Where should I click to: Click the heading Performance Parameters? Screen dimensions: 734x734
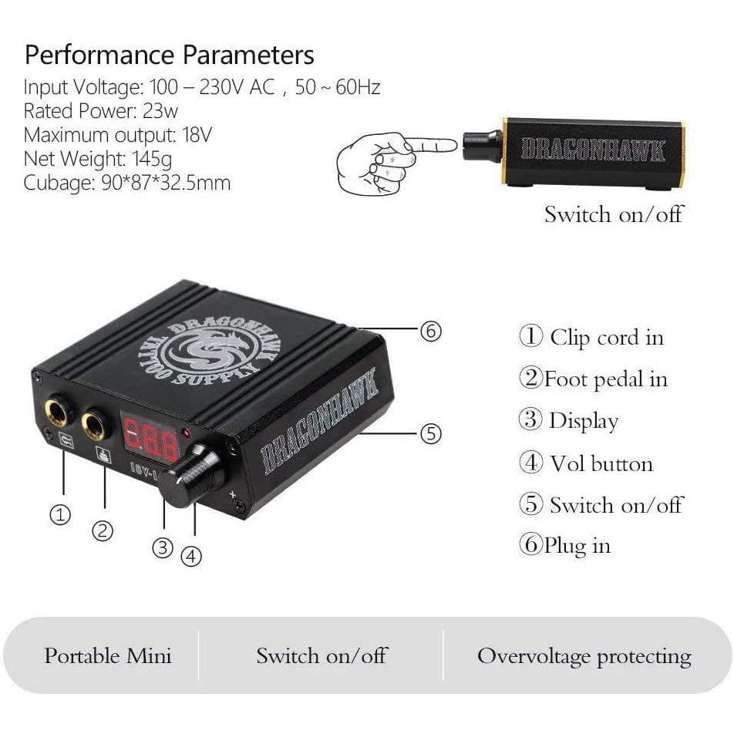point(169,56)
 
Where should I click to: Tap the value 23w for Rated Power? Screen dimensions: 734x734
point(160,111)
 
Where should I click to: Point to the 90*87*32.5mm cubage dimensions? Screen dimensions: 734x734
point(166,183)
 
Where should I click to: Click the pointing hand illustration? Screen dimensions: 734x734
point(396,163)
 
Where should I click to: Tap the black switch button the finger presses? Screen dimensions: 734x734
point(482,146)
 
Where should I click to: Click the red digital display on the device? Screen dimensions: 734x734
point(150,437)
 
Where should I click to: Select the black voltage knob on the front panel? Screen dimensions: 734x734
point(193,476)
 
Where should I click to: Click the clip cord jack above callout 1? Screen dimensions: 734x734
point(58,412)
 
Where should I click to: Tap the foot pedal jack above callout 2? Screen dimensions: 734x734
point(96,425)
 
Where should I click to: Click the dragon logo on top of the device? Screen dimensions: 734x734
point(208,352)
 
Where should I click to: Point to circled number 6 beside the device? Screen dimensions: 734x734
point(431,331)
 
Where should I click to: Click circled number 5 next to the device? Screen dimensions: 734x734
point(431,433)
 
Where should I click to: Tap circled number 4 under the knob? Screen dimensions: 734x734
point(191,557)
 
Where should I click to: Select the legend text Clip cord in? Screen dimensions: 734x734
point(607,338)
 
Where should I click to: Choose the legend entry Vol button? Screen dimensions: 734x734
point(601,464)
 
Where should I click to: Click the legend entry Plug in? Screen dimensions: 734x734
point(577,546)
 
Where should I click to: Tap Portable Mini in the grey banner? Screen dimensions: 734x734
point(108,656)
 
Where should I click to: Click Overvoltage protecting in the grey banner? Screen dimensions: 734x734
point(584,657)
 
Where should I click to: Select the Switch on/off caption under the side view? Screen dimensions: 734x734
point(614,214)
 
